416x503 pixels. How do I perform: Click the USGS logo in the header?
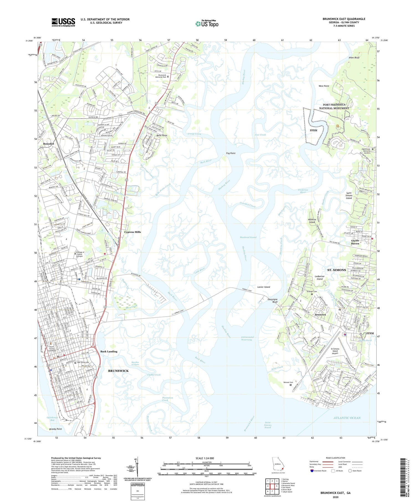[63, 22]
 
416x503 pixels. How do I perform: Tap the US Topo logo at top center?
[207, 24]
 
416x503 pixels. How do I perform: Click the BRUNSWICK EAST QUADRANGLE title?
[344, 19]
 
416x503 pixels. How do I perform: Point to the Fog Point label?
[230, 153]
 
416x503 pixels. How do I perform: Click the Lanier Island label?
[263, 287]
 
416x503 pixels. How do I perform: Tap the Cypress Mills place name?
[132, 232]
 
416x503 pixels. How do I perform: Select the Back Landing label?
[109, 352]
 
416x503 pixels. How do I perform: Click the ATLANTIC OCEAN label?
[347, 418]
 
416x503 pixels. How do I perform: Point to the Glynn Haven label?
[355, 242]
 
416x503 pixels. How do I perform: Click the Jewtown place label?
[320, 315]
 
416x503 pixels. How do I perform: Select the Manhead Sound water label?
[248, 237]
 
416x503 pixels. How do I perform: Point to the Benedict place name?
[49, 144]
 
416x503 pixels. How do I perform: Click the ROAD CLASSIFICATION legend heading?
[336, 458]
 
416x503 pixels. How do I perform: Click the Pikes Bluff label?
[354, 58]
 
